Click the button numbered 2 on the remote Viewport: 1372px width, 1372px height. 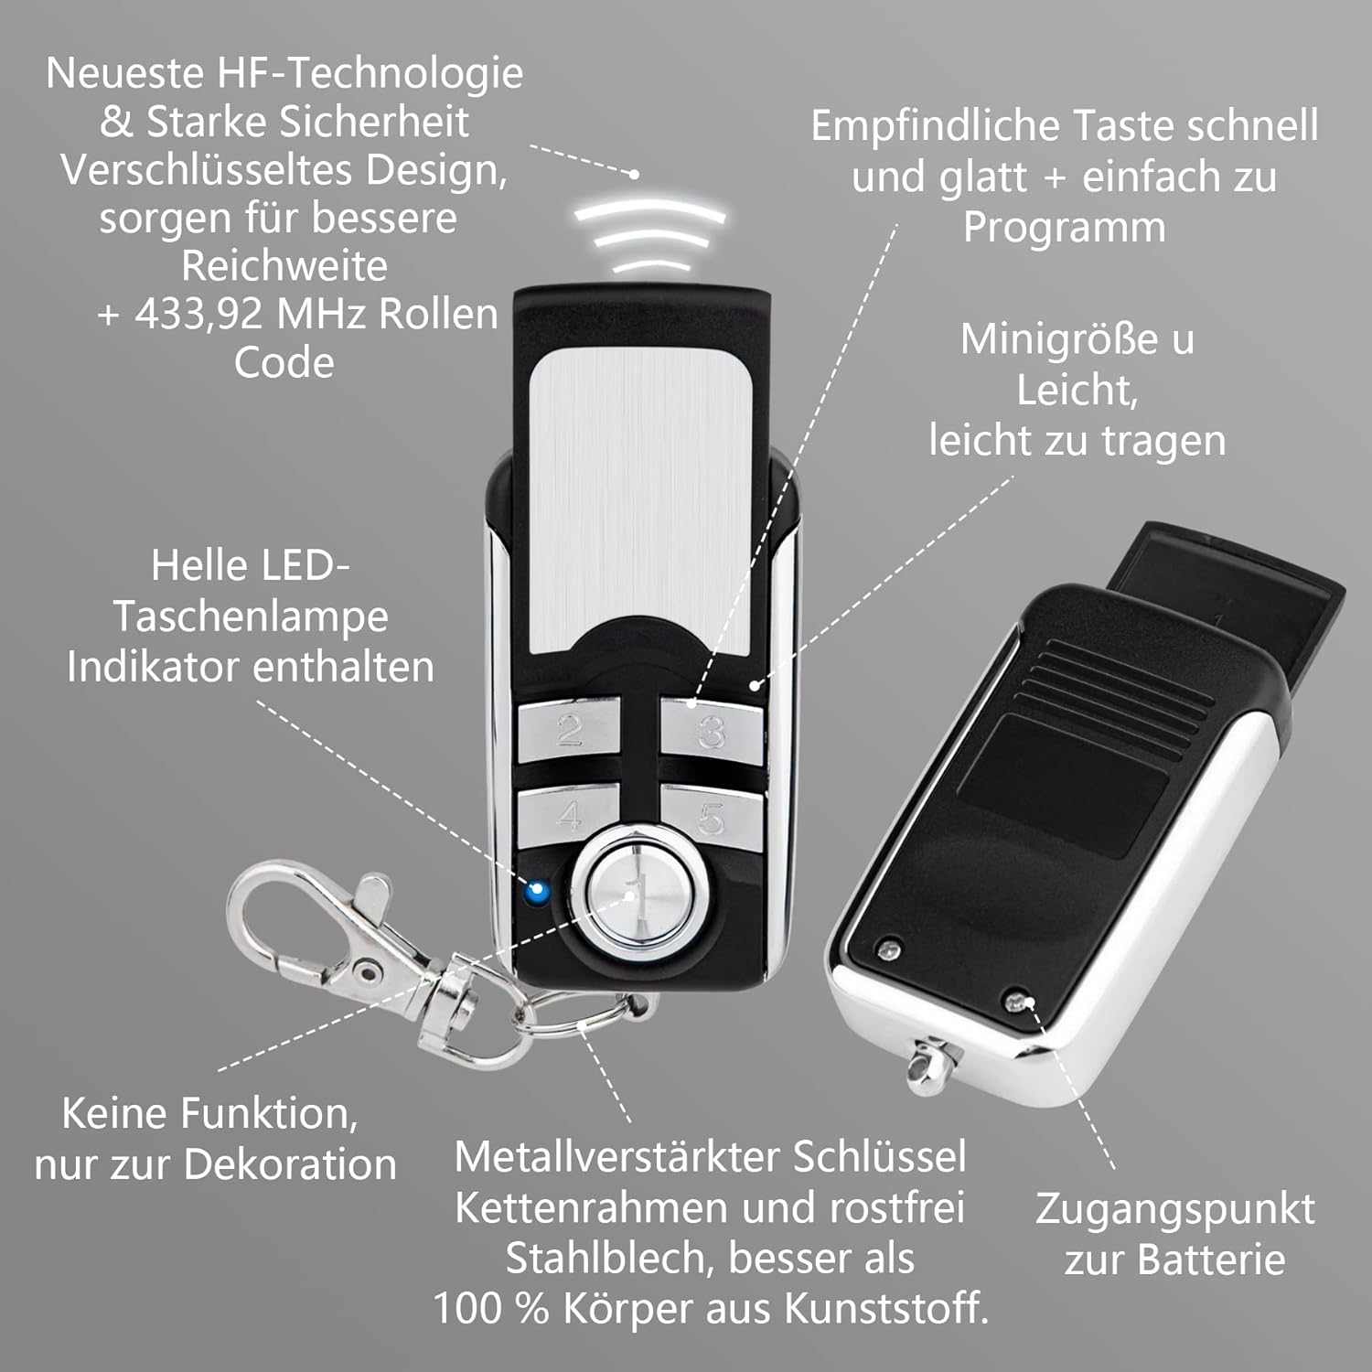pyautogui.click(x=568, y=730)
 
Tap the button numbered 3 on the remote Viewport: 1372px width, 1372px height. pyautogui.click(x=712, y=732)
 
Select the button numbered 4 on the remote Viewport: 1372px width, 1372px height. pyautogui.click(x=568, y=814)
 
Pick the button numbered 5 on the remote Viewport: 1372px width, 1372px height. pyautogui.click(x=712, y=818)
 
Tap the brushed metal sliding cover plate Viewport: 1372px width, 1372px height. pyautogui.click(x=640, y=494)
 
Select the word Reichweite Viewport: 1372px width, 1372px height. pyautogui.click(x=284, y=266)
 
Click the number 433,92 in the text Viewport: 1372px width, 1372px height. pyautogui.click(x=199, y=315)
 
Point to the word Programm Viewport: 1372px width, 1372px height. pyautogui.click(x=1064, y=228)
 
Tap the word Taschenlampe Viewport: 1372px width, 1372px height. pyautogui.click(x=251, y=616)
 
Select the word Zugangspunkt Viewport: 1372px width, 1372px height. pyautogui.click(x=1174, y=1209)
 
